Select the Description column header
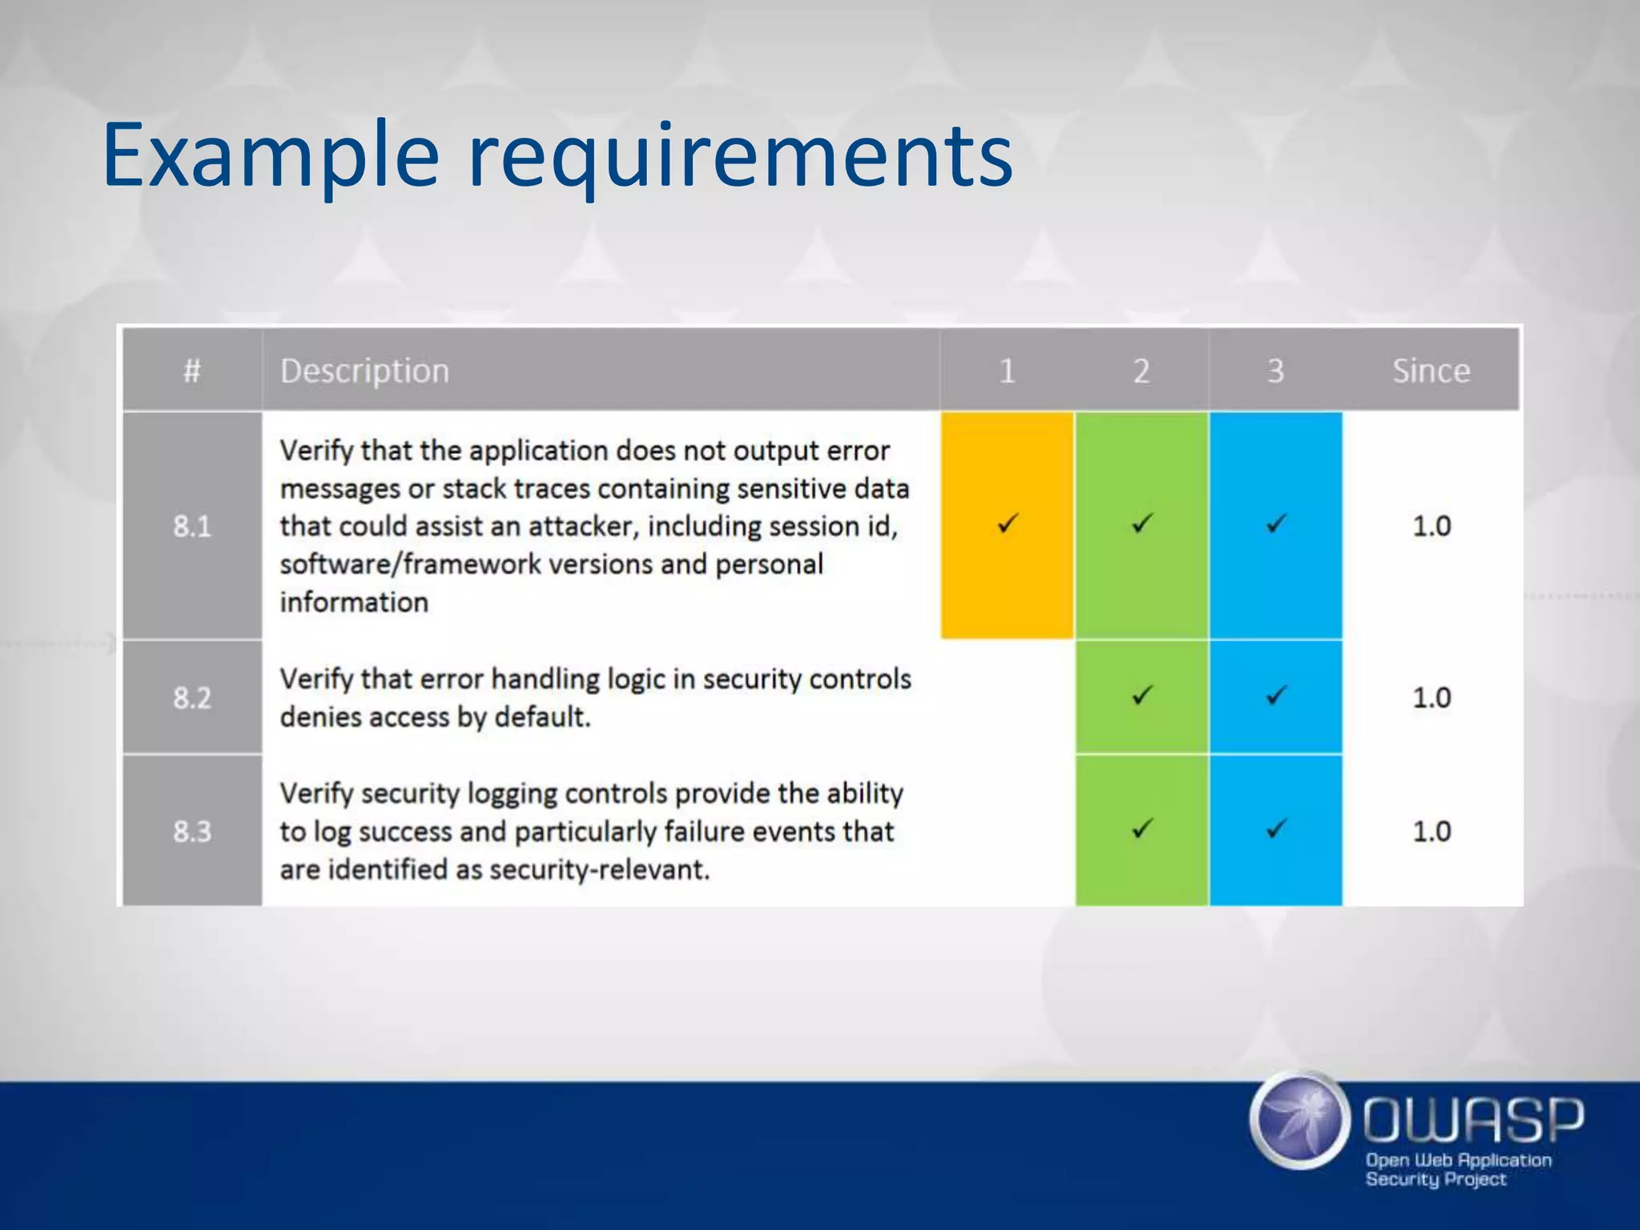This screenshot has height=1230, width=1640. point(364,371)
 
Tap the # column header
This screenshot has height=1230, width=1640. point(191,371)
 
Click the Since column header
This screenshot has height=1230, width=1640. point(1431,371)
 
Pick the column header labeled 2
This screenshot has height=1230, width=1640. point(1141,371)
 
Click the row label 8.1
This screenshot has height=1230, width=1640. point(192,526)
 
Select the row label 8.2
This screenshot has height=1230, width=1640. point(192,697)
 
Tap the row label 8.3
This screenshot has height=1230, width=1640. point(192,831)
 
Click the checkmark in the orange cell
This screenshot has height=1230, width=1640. point(1007,524)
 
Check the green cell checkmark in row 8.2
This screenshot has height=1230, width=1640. point(1142,695)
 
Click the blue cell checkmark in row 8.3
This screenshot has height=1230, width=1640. point(1276,828)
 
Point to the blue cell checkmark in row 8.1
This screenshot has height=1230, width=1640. point(1276,524)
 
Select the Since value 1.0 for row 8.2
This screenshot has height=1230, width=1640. point(1431,697)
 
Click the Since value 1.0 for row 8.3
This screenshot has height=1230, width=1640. point(1431,831)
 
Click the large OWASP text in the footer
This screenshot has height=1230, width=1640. point(1473,1119)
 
